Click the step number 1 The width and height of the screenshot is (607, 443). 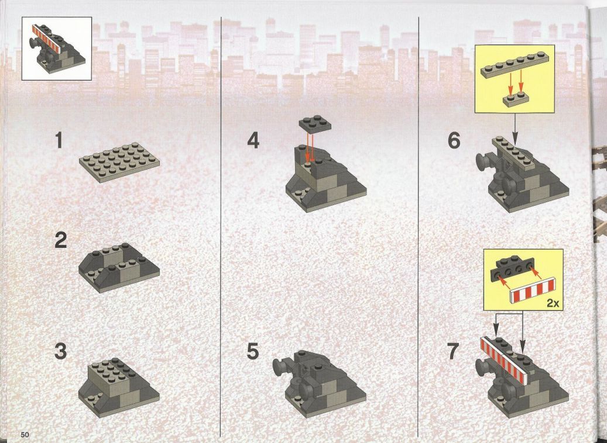pyautogui.click(x=59, y=140)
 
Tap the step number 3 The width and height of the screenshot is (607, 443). pyautogui.click(x=61, y=351)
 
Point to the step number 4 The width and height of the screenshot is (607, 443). pyautogui.click(x=253, y=140)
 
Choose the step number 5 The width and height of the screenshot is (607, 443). pyautogui.click(x=253, y=351)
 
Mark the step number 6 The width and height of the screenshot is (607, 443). pyautogui.click(x=454, y=140)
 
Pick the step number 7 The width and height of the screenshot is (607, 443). pyautogui.click(x=453, y=351)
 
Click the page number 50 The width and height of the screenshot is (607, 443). pyautogui.click(x=25, y=434)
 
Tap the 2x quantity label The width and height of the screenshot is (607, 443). pyautogui.click(x=553, y=303)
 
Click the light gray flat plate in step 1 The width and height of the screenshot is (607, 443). pyautogui.click(x=119, y=162)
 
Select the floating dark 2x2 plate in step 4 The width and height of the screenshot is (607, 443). pyautogui.click(x=315, y=123)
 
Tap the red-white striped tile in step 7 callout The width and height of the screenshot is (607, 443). pyautogui.click(x=533, y=289)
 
